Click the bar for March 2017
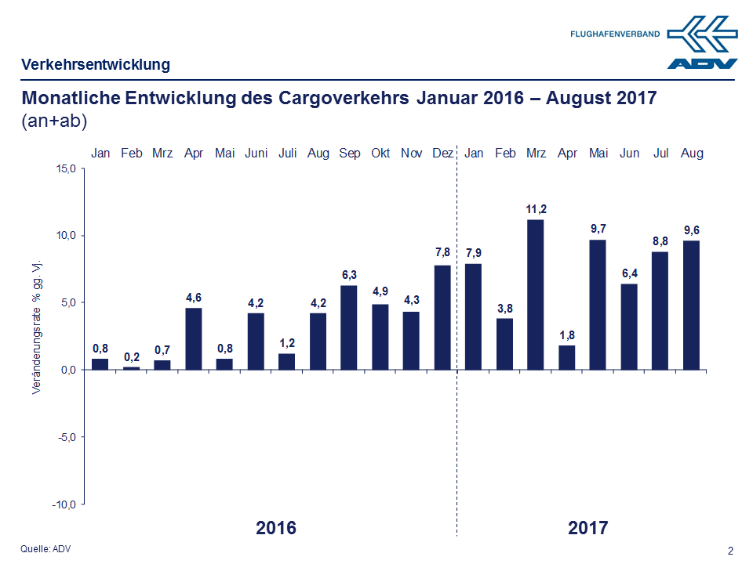pyautogui.click(x=536, y=295)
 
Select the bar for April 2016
pyautogui.click(x=194, y=338)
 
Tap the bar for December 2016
pyautogui.click(x=442, y=317)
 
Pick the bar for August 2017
pyautogui.click(x=692, y=305)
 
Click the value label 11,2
pyautogui.click(x=536, y=208)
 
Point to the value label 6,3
pyautogui.click(x=349, y=274)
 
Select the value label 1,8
pyautogui.click(x=567, y=334)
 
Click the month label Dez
pyautogui.click(x=442, y=154)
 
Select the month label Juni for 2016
pyautogui.click(x=256, y=154)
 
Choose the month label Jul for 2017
pyautogui.click(x=660, y=154)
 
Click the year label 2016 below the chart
pyautogui.click(x=276, y=528)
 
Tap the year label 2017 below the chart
pyautogui.click(x=587, y=528)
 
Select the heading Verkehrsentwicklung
pyautogui.click(x=96, y=65)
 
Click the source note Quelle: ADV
pyautogui.click(x=45, y=549)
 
